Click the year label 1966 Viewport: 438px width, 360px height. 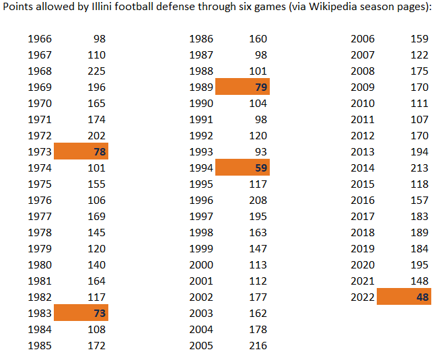tap(39, 39)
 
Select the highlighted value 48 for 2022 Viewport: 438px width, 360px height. tap(423, 297)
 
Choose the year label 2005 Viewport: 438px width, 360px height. tap(201, 345)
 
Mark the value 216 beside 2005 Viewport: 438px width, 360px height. tap(258, 345)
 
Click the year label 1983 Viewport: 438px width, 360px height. tap(39, 313)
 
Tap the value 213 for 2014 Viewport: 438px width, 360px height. tap(419, 168)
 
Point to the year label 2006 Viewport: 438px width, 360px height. tap(363, 39)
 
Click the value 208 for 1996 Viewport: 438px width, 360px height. tap(258, 201)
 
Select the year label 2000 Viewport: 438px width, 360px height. tap(201, 264)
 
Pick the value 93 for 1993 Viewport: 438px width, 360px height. tap(260, 152)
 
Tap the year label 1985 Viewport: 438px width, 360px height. tap(39, 345)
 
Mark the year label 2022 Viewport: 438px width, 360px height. tap(363, 297)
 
